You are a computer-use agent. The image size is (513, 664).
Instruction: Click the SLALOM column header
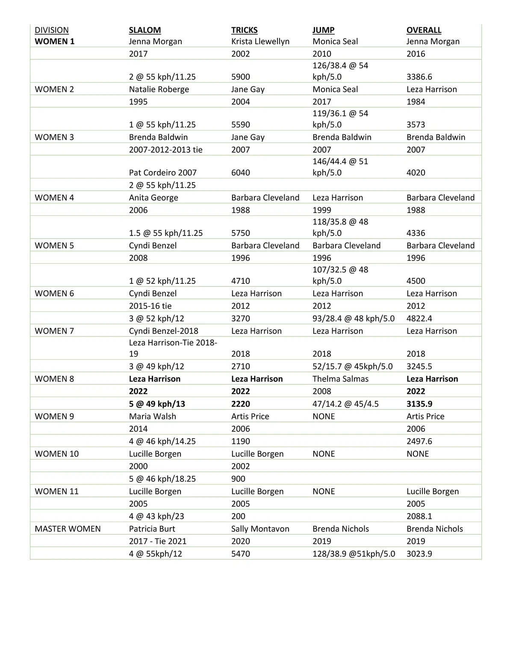[x=145, y=30]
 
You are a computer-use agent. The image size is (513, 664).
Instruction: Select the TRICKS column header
[x=244, y=30]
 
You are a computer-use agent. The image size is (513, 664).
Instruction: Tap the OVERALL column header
[x=424, y=30]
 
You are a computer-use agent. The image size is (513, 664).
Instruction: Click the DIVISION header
[x=52, y=30]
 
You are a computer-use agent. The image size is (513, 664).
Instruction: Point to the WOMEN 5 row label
[x=54, y=245]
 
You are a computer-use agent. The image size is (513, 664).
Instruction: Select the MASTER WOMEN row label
[x=68, y=529]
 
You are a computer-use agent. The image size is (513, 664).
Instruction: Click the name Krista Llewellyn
[x=260, y=41]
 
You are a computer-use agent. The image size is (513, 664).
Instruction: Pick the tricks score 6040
[x=241, y=173]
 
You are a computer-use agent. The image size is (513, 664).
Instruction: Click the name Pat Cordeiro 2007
[x=162, y=173]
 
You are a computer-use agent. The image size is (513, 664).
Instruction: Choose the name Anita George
[x=153, y=198]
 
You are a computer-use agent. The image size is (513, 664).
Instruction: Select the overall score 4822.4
[x=419, y=319]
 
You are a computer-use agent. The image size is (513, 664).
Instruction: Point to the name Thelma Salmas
[x=340, y=379]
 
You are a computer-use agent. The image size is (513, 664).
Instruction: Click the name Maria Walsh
[x=152, y=416]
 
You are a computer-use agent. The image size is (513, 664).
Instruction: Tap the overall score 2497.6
[x=419, y=441]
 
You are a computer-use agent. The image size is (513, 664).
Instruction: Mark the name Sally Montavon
[x=260, y=529]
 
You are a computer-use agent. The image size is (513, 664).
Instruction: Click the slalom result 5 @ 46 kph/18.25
[x=162, y=479]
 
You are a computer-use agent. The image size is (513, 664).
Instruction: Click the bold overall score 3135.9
[x=419, y=404]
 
